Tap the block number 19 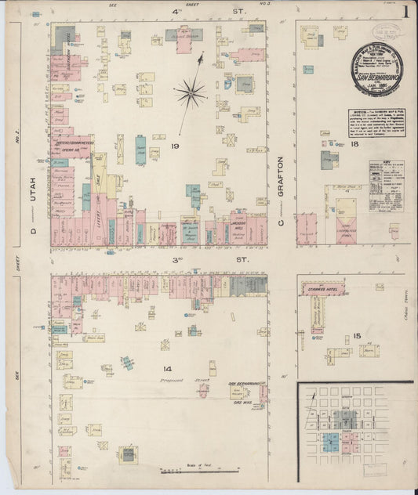coord(176,146)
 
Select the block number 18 coord(355,145)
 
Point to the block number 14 coord(167,368)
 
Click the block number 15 coord(357,337)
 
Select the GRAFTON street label coord(280,179)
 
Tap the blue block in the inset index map coord(332,442)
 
